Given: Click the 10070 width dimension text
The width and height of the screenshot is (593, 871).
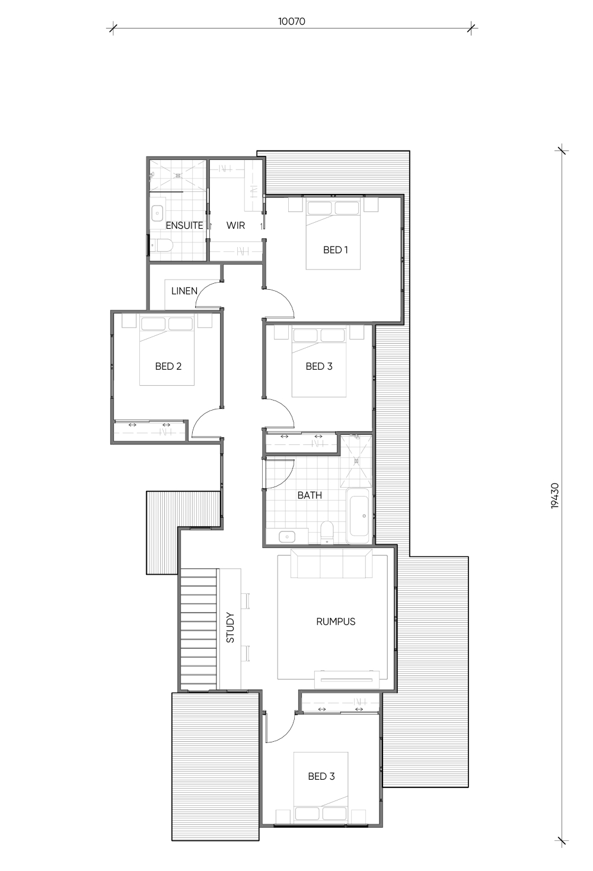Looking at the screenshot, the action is point(291,21).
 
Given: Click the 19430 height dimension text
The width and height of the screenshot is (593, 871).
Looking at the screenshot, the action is point(555,495).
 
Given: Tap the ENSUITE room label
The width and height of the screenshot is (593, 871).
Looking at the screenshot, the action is point(184,226).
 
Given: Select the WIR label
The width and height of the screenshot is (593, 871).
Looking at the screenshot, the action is point(235,226).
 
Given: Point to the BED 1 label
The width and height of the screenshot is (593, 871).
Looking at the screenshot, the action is point(336,250).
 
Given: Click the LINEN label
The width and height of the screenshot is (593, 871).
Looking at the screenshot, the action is point(184,291).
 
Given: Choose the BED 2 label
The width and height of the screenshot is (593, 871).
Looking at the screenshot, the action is point(168,366).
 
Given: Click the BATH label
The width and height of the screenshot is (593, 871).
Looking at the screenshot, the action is point(310,495).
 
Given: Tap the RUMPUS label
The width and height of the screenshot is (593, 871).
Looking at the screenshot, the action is point(336,622).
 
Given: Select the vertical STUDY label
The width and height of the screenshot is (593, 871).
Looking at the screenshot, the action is point(230,627).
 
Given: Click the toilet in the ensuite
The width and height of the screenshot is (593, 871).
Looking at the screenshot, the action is point(161,245).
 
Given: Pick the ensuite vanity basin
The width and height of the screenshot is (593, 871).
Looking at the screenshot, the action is point(157,213).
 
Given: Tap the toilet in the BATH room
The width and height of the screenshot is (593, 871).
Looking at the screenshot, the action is point(327,532).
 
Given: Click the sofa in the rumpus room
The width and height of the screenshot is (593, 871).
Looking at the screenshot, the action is point(331,563).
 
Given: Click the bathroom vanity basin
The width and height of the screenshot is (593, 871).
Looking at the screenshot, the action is point(287,537).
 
